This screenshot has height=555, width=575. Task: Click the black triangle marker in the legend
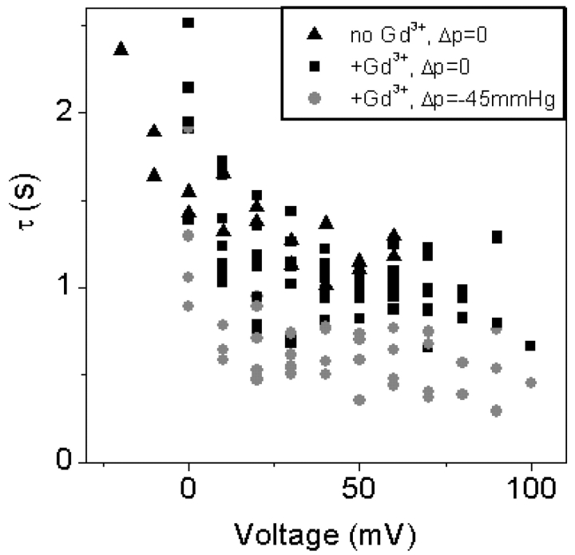tap(316, 34)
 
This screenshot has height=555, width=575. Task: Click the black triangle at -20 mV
tap(121, 49)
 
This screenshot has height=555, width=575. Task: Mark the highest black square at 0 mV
tap(188, 22)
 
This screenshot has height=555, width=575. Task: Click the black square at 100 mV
tap(530, 346)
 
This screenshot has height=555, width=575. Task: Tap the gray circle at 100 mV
tap(531, 383)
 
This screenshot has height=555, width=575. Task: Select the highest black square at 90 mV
tap(497, 237)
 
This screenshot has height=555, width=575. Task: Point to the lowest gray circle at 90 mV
tap(497, 410)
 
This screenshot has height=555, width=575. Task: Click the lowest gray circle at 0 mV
tap(188, 306)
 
